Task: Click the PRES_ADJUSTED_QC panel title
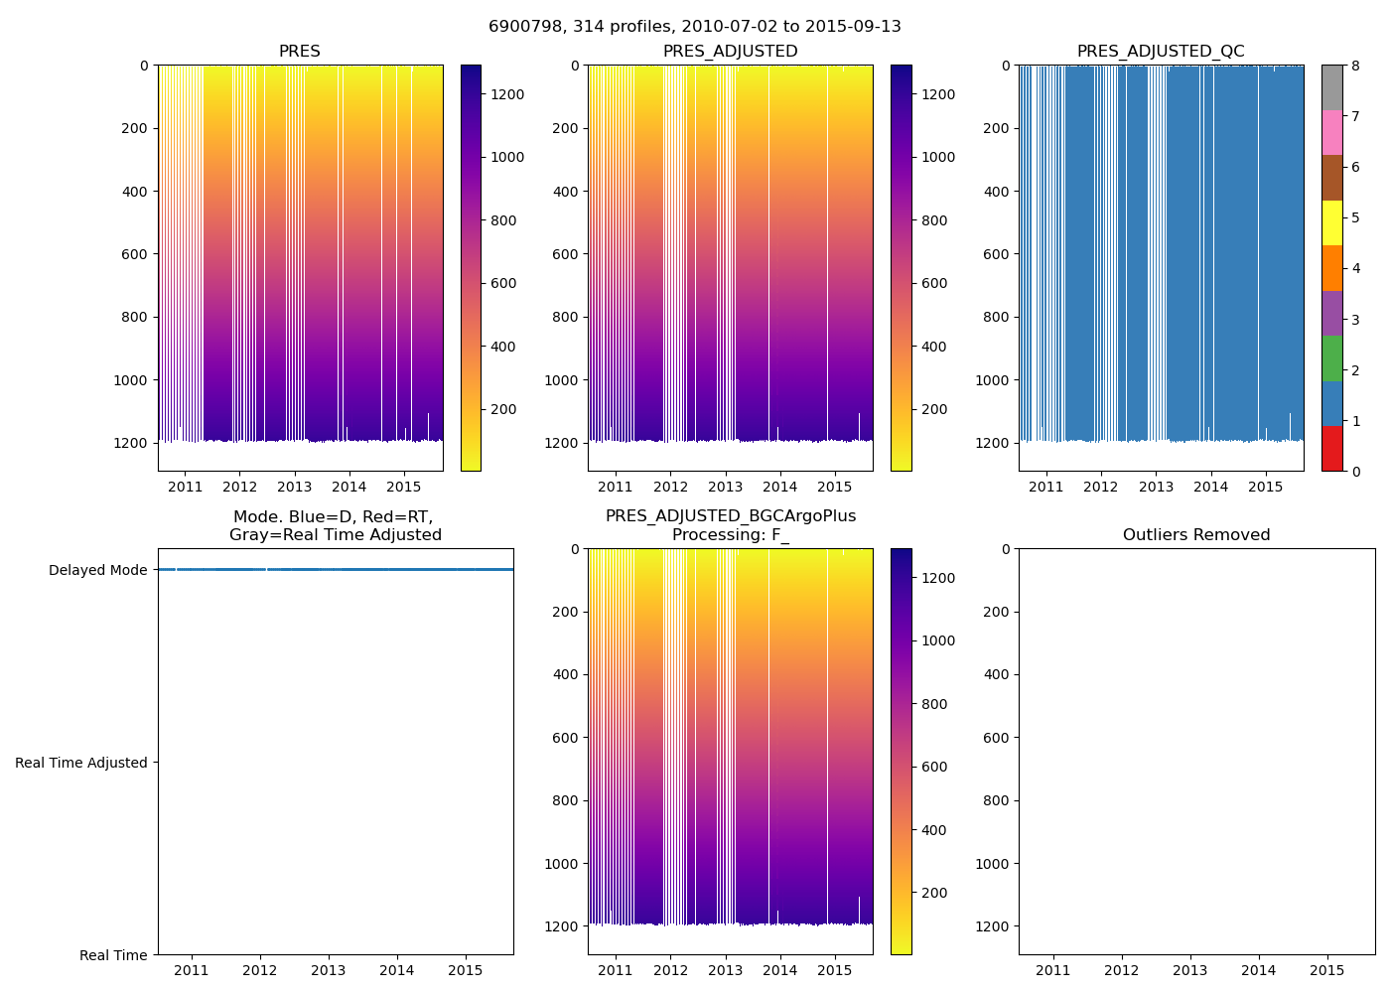1161,52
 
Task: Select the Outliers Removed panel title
1196,535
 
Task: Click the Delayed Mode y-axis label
97,570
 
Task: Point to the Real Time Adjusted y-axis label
81,763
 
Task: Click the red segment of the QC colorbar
1331,449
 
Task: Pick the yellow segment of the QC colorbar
1331,222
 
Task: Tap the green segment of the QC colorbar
1331,358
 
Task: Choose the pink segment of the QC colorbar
1331,132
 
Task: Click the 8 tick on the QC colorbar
1355,66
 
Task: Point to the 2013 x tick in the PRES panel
295,487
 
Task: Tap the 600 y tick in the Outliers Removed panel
998,738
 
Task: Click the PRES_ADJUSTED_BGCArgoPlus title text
731,516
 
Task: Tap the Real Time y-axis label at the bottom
113,955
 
